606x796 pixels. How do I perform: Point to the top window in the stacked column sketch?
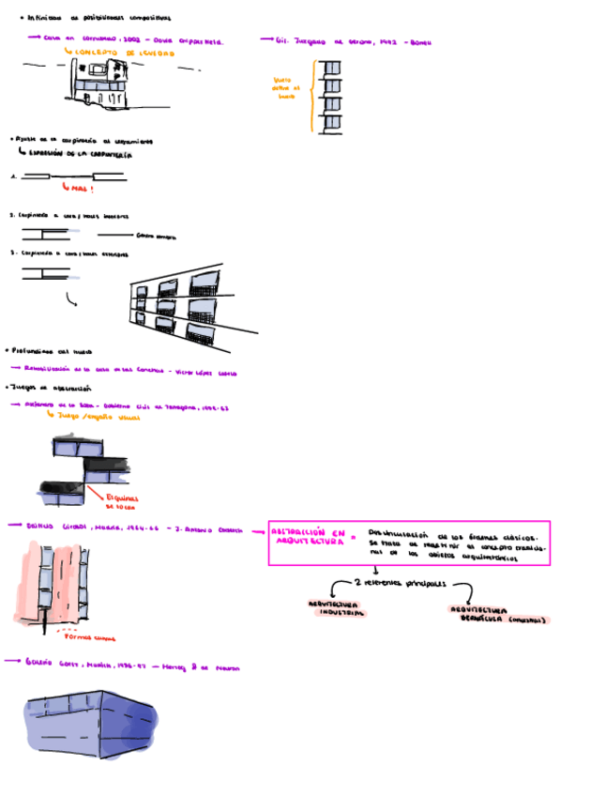pyautogui.click(x=330, y=68)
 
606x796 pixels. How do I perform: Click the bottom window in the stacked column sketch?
pyautogui.click(x=330, y=124)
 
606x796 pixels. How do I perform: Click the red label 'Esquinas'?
pyautogui.click(x=122, y=498)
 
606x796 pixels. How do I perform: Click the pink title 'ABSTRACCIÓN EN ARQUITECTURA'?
pyautogui.click(x=306, y=535)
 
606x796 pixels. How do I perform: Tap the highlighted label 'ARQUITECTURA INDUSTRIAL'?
pyautogui.click(x=335, y=607)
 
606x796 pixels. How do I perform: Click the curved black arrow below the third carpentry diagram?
pyautogui.click(x=70, y=298)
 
